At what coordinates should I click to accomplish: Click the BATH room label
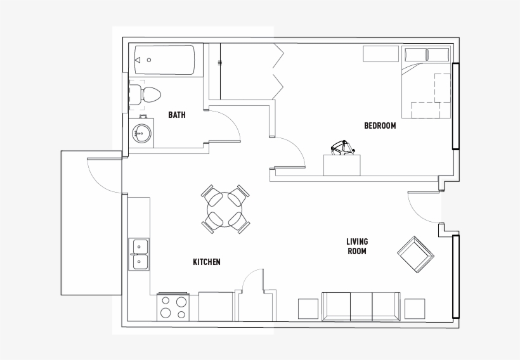[x=177, y=115]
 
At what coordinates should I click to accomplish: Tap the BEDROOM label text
[x=380, y=125]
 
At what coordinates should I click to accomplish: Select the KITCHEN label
[x=207, y=262]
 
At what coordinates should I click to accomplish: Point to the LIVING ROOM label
[x=357, y=247]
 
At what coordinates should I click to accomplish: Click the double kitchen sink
[x=139, y=254]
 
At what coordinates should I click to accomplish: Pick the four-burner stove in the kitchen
[x=173, y=307]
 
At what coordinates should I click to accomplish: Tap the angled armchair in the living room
[x=415, y=255]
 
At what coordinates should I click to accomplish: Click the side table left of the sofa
[x=308, y=309]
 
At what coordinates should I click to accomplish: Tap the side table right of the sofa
[x=414, y=309]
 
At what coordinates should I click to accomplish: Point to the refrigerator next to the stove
[x=216, y=307]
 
